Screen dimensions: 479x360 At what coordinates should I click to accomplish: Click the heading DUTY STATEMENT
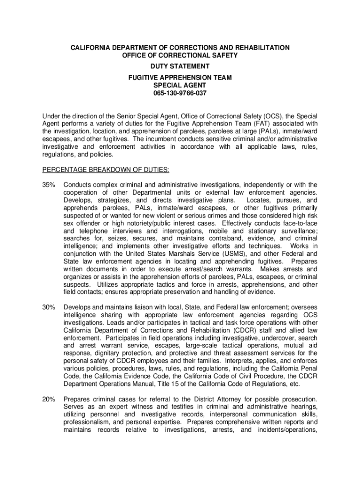pyautogui.click(x=180, y=66)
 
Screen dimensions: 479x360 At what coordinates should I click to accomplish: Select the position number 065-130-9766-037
pyautogui.click(x=180, y=93)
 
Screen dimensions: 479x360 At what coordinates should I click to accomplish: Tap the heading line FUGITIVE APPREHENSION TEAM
pyautogui.click(x=180, y=77)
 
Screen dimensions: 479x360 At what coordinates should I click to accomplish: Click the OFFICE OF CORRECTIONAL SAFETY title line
pyautogui.click(x=180, y=55)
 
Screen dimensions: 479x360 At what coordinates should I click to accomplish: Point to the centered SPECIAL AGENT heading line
pyautogui.click(x=180, y=85)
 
